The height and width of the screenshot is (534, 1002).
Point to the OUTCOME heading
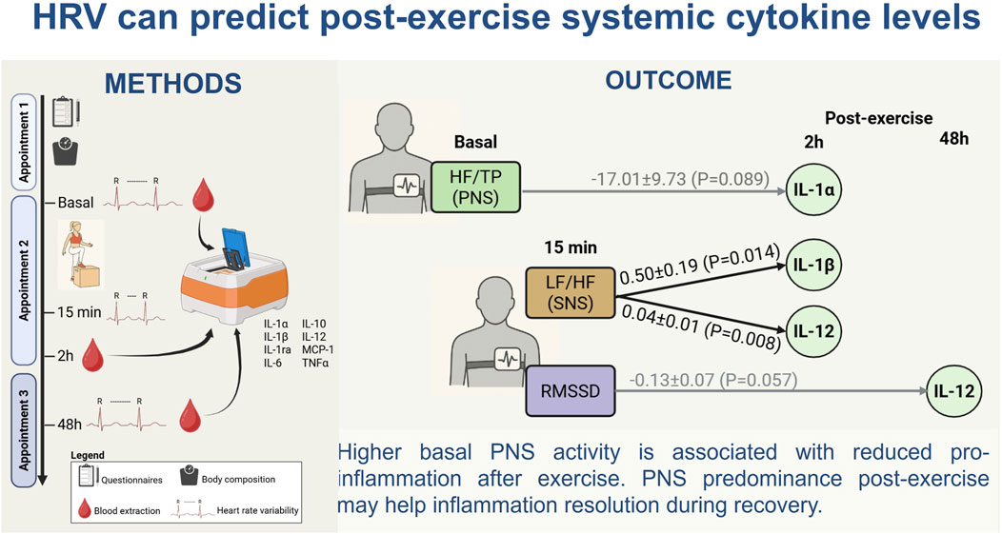668,80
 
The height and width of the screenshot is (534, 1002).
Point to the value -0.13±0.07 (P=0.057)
711,382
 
